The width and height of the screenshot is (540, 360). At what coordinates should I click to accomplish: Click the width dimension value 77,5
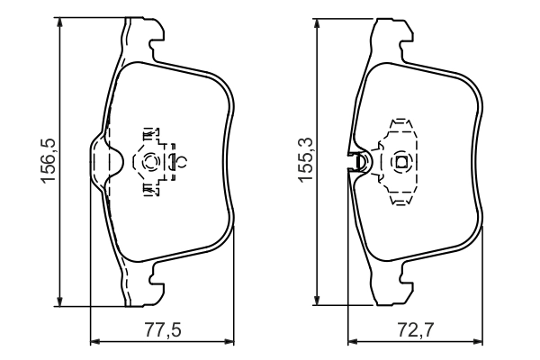[x=163, y=330]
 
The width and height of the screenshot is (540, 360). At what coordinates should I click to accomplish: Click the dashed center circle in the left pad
[x=150, y=161]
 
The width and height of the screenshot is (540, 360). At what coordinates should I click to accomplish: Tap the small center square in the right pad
[x=401, y=161]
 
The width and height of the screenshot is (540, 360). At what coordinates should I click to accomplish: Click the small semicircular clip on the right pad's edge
[x=359, y=162]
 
